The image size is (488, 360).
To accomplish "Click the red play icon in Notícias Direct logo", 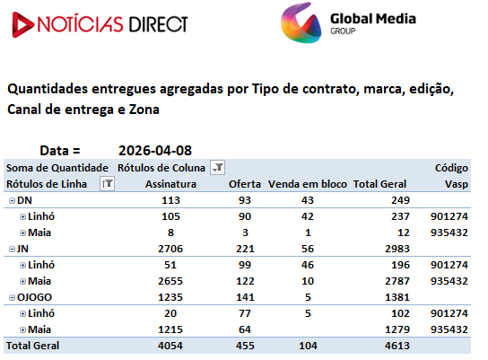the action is tap(22, 24).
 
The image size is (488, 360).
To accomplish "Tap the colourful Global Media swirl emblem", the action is tap(301, 22).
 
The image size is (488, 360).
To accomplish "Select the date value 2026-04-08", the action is tap(155, 151).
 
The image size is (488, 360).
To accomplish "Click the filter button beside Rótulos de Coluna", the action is tap(218, 168).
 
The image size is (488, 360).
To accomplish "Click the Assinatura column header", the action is tap(170, 184).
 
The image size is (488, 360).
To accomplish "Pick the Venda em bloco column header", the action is tap(308, 184).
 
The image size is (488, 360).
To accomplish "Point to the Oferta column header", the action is tap(245, 184).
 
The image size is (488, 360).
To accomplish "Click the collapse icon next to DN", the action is tap(12, 200).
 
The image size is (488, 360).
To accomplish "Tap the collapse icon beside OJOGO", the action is tap(12, 298).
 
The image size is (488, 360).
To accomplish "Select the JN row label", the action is tap(22, 249).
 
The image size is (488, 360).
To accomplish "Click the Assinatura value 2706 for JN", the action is tap(170, 249).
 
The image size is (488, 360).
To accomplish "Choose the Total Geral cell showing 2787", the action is tap(397, 281).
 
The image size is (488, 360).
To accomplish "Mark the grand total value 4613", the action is tap(397, 346).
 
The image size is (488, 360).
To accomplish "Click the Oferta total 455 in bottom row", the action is tap(245, 346).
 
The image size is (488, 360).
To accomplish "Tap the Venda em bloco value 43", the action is tap(308, 200).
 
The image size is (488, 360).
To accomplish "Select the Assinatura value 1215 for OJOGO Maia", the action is tap(170, 329).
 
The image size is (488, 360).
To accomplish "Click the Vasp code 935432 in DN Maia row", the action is tap(449, 233).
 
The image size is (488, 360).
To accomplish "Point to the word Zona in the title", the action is tap(144, 110).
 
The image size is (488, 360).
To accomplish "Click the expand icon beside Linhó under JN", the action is tap(22, 266).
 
